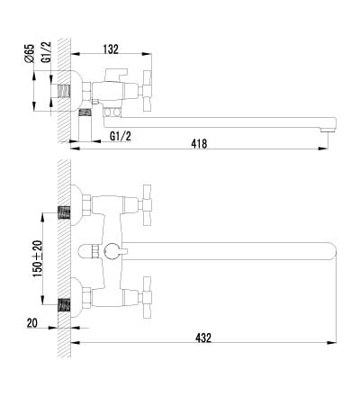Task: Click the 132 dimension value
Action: click(111, 50)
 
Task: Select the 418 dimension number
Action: click(199, 143)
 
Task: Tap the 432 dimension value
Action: click(203, 338)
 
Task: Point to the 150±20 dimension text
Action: click(38, 258)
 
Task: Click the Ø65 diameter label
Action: click(30, 53)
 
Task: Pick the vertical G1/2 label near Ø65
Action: click(46, 52)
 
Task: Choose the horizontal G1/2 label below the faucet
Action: click(121, 137)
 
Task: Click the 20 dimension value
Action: click(32, 323)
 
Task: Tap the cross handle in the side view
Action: click(147, 91)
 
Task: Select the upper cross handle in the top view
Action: click(147, 205)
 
